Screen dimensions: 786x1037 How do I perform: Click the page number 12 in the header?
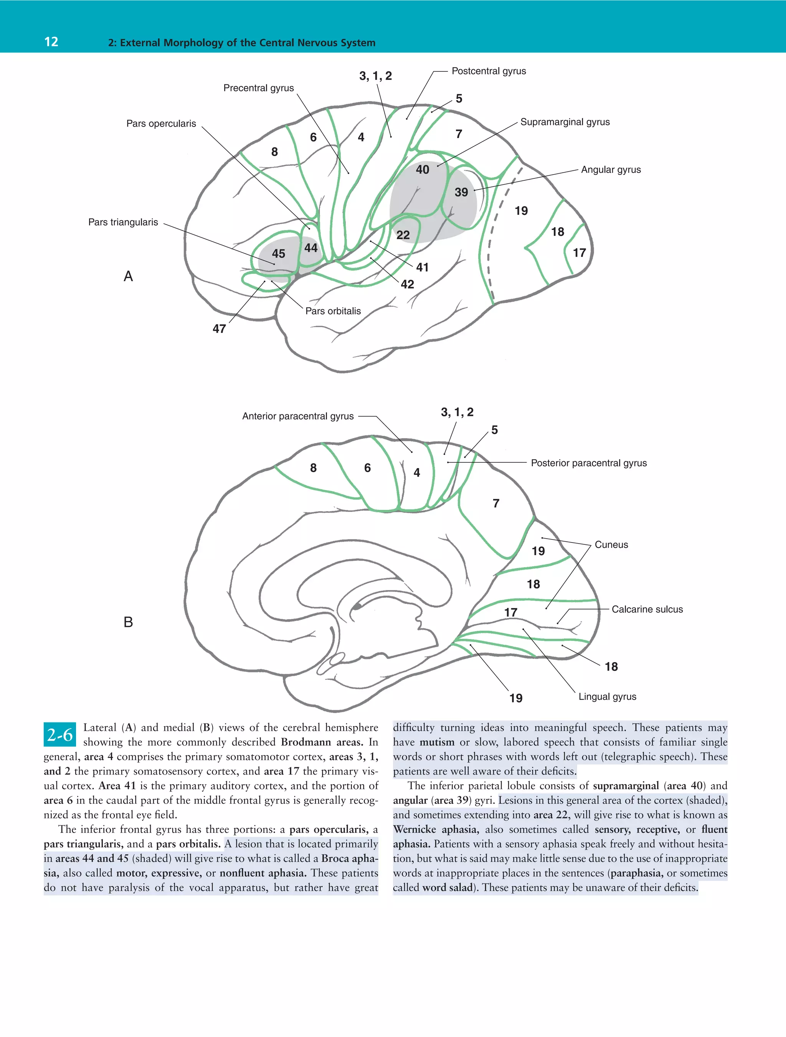point(51,42)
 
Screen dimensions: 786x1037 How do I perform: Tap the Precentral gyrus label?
point(258,88)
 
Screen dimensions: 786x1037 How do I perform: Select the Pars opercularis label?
point(161,124)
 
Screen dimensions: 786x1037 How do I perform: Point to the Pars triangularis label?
point(123,222)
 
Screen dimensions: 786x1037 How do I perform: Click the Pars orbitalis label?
point(333,311)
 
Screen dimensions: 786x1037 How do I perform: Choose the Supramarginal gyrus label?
point(565,122)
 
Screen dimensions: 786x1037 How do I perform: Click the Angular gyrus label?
point(611,170)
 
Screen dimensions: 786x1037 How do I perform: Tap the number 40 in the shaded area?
point(423,169)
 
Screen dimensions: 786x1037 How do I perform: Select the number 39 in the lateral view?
point(461,192)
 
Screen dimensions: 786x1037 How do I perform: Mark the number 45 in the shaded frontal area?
point(279,254)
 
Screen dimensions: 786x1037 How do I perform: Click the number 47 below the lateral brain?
point(219,329)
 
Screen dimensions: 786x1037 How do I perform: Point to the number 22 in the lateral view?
point(403,235)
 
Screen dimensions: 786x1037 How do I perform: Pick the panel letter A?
point(128,276)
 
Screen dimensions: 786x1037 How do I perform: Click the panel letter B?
point(128,622)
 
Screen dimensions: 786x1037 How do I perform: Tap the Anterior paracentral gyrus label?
point(298,416)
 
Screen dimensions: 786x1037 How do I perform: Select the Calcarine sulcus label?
point(647,610)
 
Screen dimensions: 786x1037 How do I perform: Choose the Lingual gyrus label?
point(607,697)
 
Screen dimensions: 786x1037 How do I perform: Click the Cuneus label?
point(611,545)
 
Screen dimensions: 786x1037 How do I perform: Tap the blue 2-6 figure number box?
point(60,735)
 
